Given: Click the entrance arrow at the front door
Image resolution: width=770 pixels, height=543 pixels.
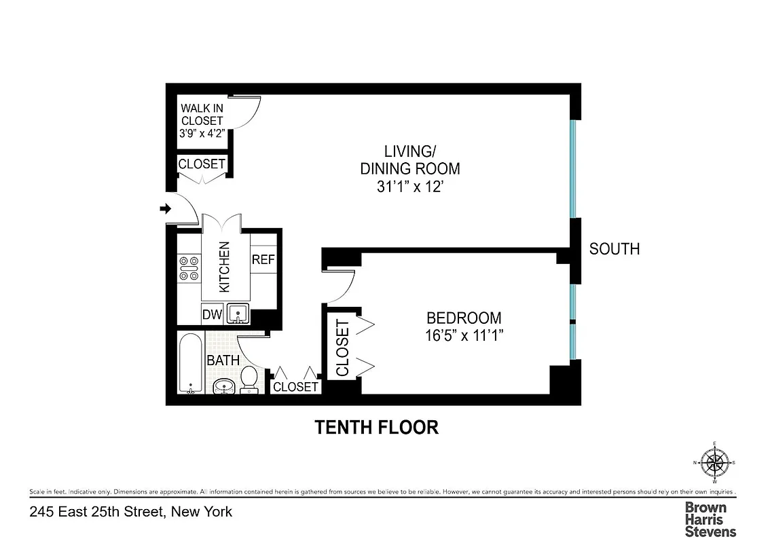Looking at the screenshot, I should point(164,209).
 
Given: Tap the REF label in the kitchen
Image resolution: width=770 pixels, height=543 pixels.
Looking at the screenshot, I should point(263,260).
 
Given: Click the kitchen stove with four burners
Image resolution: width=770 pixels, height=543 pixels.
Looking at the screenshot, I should point(188,267).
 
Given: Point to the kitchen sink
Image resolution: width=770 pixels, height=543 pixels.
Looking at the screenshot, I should point(238,314).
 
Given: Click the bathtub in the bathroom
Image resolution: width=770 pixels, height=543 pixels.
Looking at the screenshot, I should point(190,363).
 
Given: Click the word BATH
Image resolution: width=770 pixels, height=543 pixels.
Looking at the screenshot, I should point(223,360).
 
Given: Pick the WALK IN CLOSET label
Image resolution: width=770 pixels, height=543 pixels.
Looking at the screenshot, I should point(202,121).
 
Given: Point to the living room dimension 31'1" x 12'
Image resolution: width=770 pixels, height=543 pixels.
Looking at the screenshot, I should point(409,186).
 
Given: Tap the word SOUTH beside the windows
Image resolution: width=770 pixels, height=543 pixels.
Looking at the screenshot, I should point(614,249).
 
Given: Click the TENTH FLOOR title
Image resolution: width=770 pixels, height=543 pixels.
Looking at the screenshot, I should point(375,428).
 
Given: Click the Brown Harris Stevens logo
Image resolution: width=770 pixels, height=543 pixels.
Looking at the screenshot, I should point(710,519).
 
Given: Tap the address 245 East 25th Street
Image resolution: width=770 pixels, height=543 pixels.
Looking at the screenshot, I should point(131,512).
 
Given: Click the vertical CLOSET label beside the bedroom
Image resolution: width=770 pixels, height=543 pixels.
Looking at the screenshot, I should point(342,348).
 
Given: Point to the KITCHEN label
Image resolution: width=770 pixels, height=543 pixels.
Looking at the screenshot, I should point(225,267).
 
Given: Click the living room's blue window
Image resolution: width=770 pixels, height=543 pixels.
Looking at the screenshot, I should point(574,169).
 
